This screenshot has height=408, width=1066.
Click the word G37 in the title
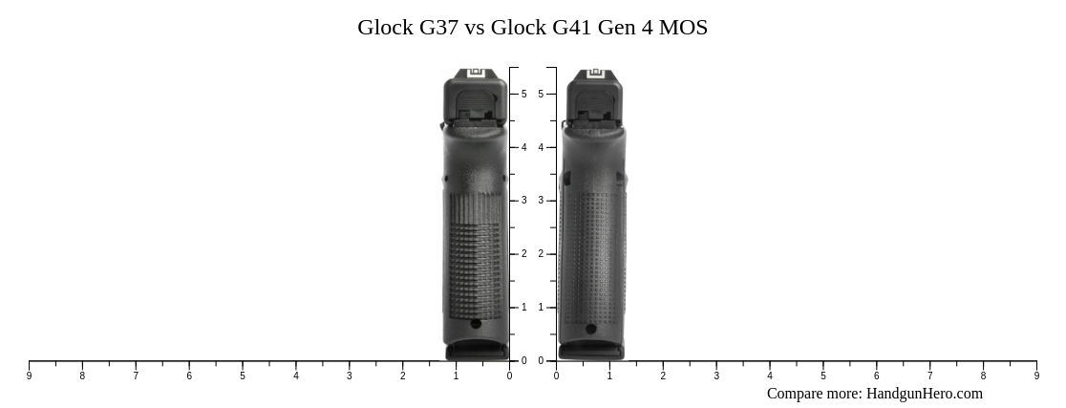click(438, 28)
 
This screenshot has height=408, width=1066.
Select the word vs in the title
click(475, 28)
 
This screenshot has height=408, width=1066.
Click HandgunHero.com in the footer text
click(924, 394)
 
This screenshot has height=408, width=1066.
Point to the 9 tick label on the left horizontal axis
click(29, 376)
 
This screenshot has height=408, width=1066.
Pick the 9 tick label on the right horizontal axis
click(1036, 376)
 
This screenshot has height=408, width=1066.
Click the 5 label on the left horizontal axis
click(243, 376)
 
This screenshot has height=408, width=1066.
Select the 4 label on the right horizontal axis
click(769, 376)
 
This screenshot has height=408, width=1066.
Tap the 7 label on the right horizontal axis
click(929, 376)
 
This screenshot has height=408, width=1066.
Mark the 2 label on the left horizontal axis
click(402, 376)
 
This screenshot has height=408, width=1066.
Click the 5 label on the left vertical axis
click(523, 94)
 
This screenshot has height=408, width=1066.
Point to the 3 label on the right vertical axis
click(541, 201)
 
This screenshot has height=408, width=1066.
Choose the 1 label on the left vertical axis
click(523, 308)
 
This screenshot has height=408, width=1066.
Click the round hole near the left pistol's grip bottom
click(476, 324)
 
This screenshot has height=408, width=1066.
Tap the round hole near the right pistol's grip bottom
click(591, 330)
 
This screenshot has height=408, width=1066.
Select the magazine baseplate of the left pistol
click(477, 352)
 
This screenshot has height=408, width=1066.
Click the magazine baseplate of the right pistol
click(591, 352)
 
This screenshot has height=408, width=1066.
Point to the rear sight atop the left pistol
click(477, 73)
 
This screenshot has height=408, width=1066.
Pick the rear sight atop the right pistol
click(596, 73)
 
